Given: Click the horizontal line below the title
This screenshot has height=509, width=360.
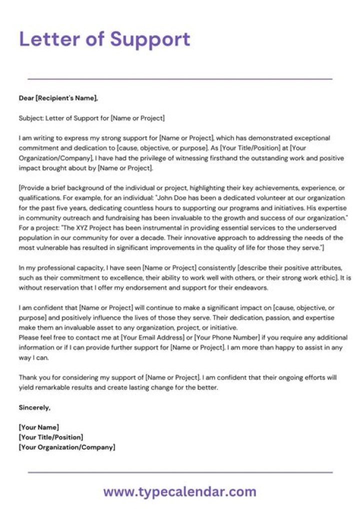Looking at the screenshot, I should click(180, 79).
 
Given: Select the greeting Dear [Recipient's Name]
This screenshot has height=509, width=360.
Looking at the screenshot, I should click(58, 98).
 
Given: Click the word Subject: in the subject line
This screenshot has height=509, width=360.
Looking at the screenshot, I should click(31, 118).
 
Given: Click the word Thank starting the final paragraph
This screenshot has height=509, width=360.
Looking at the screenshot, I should click(28, 377).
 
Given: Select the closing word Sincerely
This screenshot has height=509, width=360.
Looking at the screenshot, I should click(34, 407).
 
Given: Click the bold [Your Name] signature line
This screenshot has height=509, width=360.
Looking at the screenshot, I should click(39, 427).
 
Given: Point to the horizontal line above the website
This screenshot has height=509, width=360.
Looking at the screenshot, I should click(180, 472).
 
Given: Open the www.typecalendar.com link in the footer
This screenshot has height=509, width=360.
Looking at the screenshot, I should click(180, 492).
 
